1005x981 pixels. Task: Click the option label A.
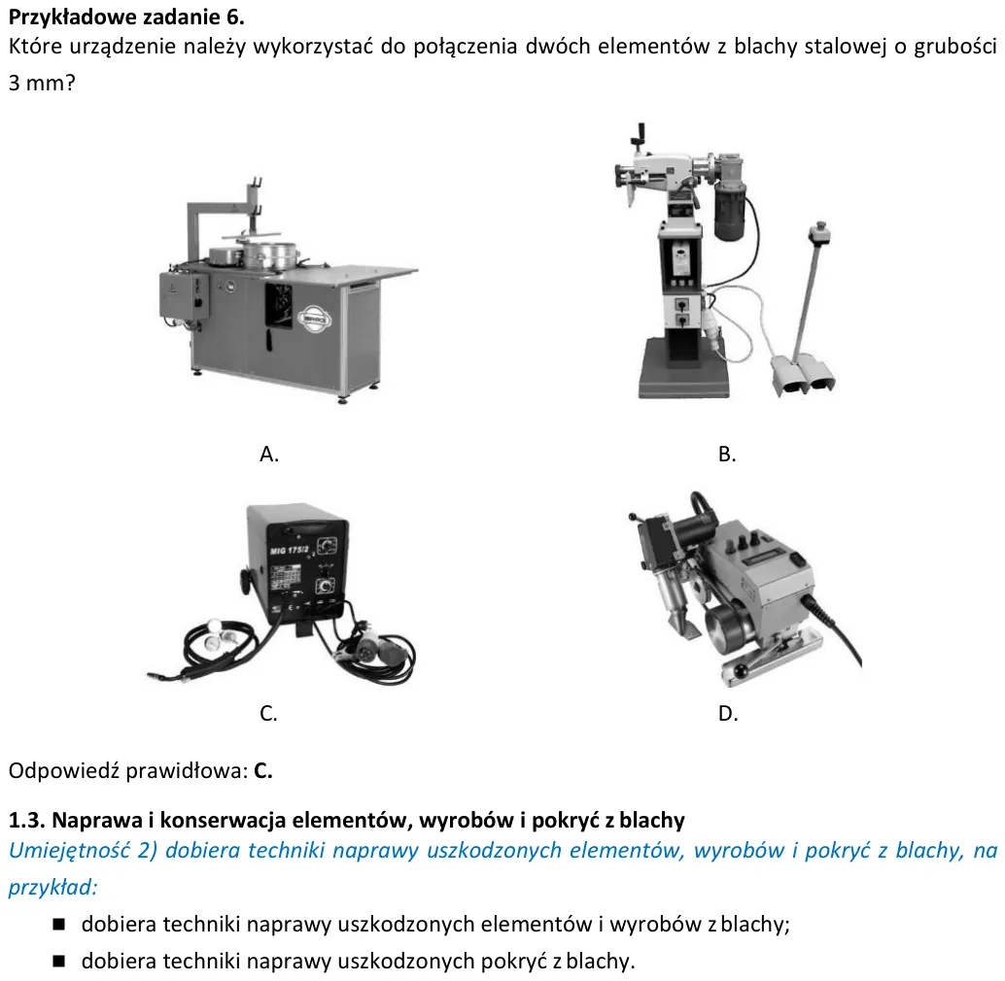pyautogui.click(x=269, y=454)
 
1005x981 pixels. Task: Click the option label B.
pyautogui.click(x=727, y=454)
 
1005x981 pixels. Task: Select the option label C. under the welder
pyautogui.click(x=268, y=713)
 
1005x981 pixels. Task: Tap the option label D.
pyautogui.click(x=728, y=713)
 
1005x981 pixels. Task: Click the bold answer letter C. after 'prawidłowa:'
pyautogui.click(x=263, y=770)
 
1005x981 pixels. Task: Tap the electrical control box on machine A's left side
pyautogui.click(x=184, y=296)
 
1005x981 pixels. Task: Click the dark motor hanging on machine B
pyautogui.click(x=730, y=208)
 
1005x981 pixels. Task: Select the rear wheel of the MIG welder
pyautogui.click(x=245, y=582)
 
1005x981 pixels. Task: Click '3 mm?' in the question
pyautogui.click(x=42, y=83)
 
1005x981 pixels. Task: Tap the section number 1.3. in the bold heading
pyautogui.click(x=27, y=821)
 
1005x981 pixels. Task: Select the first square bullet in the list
pyautogui.click(x=59, y=924)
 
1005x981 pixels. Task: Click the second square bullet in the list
pyautogui.click(x=59, y=961)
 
